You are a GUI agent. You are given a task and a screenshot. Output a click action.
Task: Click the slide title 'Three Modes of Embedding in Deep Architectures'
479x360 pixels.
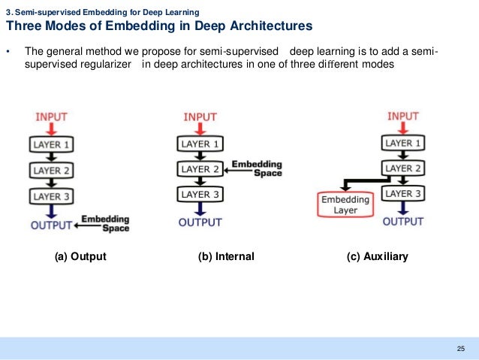point(159,27)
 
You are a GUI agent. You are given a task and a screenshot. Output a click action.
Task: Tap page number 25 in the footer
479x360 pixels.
point(460,347)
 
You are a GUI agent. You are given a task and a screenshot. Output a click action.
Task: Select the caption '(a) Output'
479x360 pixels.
point(80,257)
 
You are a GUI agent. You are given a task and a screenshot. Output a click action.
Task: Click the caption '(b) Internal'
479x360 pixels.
point(226,257)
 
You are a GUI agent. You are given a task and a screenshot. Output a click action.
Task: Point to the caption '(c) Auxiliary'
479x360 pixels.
point(377,257)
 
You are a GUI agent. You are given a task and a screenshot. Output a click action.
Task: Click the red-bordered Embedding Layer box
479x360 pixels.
point(345,205)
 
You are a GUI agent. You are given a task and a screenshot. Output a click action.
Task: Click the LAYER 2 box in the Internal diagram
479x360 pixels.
point(200,169)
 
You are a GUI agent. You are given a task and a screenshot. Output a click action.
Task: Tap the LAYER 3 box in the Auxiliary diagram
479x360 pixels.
point(404,195)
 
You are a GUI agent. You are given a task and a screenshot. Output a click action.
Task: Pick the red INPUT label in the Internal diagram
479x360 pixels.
point(200,117)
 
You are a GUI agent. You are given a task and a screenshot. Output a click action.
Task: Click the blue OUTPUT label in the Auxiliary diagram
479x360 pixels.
point(404,222)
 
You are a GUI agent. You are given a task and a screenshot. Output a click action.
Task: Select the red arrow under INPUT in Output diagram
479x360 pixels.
point(51,129)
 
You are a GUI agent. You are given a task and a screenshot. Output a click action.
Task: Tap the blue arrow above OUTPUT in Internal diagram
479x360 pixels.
point(200,209)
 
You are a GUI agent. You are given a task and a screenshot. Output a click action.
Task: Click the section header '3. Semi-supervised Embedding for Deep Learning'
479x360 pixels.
point(102,11)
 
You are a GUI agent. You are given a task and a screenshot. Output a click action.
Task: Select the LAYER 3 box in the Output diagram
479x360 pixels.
point(51,197)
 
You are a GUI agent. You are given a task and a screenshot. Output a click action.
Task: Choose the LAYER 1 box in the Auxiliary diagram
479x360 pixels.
point(404,142)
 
